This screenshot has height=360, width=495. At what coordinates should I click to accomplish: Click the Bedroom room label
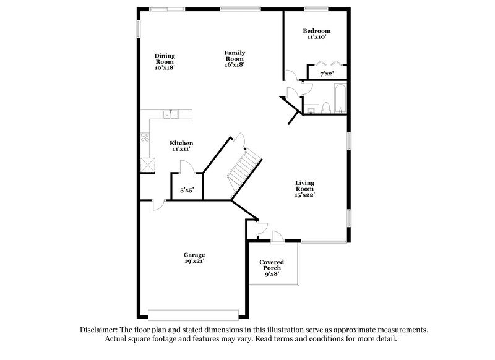[x=316, y=31]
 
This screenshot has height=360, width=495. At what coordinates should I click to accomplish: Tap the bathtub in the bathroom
[x=340, y=98]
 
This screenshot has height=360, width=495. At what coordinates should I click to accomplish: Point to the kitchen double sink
[x=170, y=114]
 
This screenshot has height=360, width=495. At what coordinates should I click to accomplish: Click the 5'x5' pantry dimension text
[x=186, y=191]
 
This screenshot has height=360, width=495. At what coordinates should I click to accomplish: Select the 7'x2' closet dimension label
[x=326, y=74]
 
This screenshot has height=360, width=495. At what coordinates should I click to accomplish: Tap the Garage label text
[x=194, y=255]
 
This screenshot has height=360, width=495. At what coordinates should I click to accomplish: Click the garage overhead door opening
[x=193, y=312]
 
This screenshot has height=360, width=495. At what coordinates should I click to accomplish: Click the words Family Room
[x=235, y=56]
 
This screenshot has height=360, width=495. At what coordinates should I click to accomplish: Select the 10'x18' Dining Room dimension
[x=164, y=67]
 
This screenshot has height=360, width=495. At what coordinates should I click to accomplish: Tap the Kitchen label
[x=182, y=143]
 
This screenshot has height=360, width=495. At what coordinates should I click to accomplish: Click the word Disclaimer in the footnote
[x=100, y=330]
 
